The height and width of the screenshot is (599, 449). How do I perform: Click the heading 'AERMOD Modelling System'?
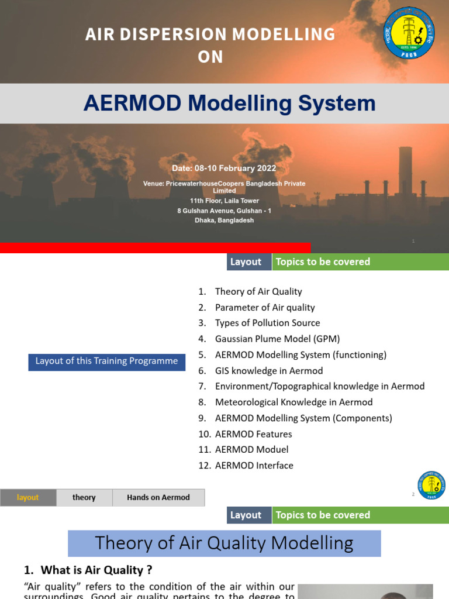click(229, 104)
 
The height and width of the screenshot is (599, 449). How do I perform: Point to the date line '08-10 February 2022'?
click(224, 168)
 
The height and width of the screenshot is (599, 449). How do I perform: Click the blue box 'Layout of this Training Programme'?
click(106, 362)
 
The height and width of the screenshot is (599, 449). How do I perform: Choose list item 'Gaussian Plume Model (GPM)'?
click(277, 339)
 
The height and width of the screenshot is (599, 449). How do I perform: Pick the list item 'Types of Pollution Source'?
click(267, 323)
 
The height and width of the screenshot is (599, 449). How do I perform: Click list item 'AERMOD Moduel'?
click(251, 450)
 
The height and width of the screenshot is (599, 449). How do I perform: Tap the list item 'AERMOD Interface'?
click(254, 466)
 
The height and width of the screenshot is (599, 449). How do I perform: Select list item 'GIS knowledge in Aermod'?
click(268, 371)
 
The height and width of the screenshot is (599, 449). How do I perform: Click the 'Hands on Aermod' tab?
click(158, 498)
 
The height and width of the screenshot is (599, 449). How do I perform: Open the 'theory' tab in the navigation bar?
click(84, 498)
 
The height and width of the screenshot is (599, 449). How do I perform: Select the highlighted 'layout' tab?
click(28, 498)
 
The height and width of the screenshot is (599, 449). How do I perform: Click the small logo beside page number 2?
click(431, 486)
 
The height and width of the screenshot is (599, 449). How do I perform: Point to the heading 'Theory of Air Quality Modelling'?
click(224, 543)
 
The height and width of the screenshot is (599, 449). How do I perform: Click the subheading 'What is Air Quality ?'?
click(92, 570)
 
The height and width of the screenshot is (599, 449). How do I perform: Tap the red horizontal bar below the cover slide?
click(155, 248)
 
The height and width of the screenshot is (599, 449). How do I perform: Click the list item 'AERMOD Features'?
click(253, 434)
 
